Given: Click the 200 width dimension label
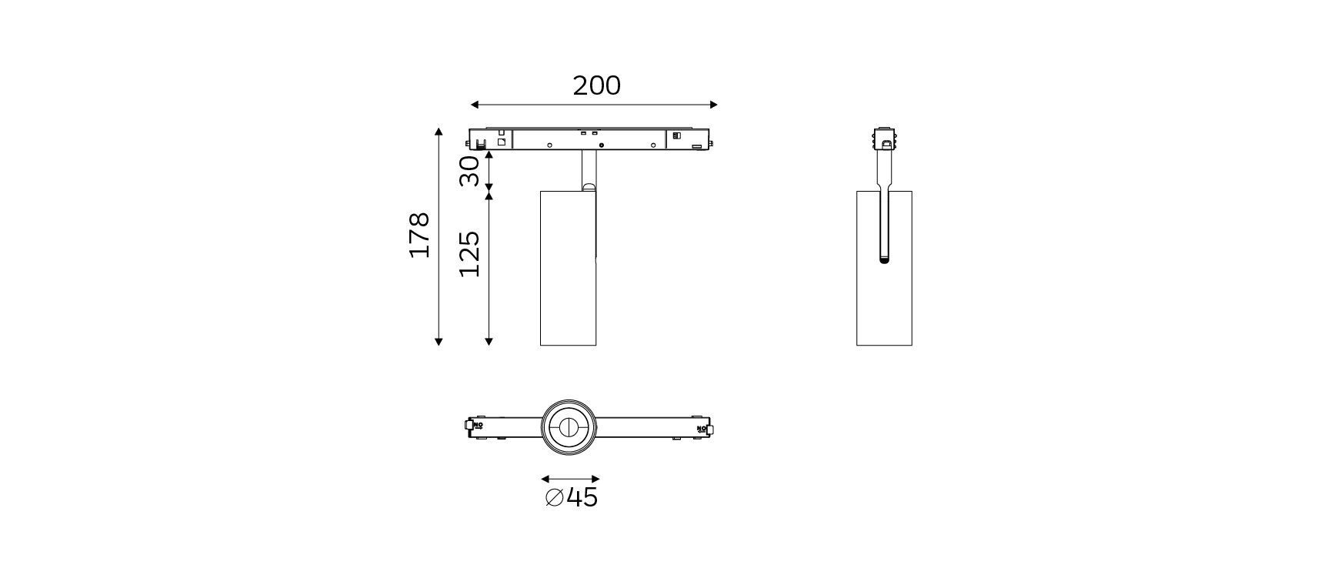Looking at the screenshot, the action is (x=596, y=85).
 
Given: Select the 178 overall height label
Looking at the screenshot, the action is (x=419, y=235).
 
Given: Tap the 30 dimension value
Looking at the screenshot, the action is (x=469, y=170).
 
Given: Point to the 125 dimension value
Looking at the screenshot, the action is (x=469, y=253).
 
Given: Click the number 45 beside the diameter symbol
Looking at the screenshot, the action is (x=582, y=497).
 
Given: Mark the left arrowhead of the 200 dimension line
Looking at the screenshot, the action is (x=475, y=105).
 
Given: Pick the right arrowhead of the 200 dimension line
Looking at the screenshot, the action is (x=713, y=105).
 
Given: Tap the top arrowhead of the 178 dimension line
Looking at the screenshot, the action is (x=439, y=132).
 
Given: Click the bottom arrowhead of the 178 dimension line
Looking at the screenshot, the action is (x=439, y=341).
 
